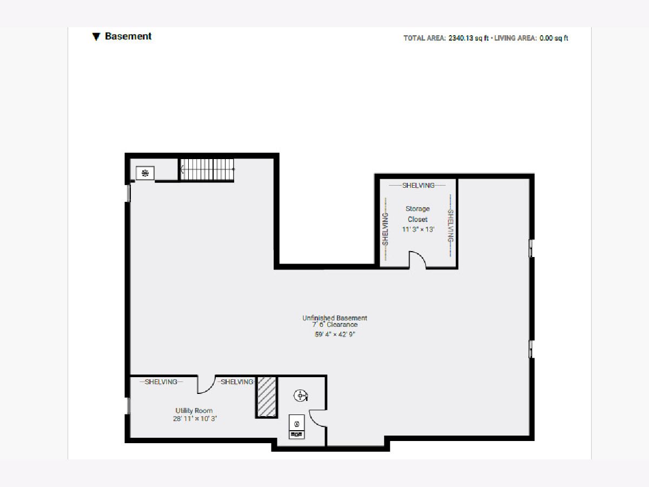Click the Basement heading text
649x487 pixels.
point(128,36)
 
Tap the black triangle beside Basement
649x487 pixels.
point(96,37)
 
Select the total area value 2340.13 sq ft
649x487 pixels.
point(468,38)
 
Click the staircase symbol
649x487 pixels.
point(207,169)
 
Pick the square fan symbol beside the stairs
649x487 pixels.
point(145,173)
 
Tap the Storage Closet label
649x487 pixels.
point(418,214)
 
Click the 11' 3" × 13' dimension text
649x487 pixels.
point(418,229)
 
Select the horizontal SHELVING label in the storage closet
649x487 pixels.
point(418,186)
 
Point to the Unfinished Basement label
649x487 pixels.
point(335,318)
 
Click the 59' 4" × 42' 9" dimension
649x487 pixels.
point(335,334)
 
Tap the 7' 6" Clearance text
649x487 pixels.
point(335,325)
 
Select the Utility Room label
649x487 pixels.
point(194,410)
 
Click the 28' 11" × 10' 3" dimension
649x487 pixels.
point(195,419)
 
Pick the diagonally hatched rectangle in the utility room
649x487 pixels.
point(267,397)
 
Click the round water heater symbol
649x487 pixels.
point(301,396)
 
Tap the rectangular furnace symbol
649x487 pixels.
point(296,426)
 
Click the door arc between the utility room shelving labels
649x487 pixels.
point(210,388)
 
